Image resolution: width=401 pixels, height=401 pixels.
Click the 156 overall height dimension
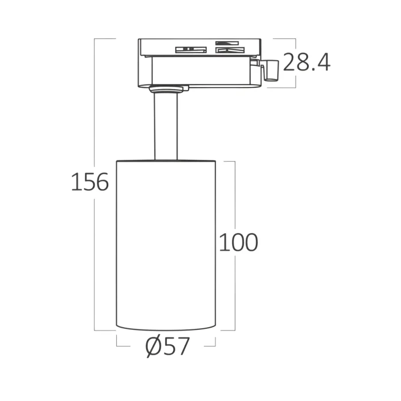click(x=90, y=182)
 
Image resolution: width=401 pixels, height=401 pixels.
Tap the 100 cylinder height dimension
click(x=238, y=242)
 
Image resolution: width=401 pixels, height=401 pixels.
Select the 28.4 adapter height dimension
click(x=306, y=62)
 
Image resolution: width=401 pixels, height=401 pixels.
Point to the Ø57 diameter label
click(x=167, y=347)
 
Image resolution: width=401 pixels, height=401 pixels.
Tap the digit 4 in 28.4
click(x=323, y=62)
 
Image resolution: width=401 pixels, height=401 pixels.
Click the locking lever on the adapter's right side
click(x=270, y=70)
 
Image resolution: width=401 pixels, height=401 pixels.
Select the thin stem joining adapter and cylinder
click(x=166, y=127)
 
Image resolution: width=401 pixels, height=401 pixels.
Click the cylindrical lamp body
click(x=166, y=245)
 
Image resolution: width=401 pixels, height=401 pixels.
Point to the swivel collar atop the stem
click(x=166, y=89)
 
